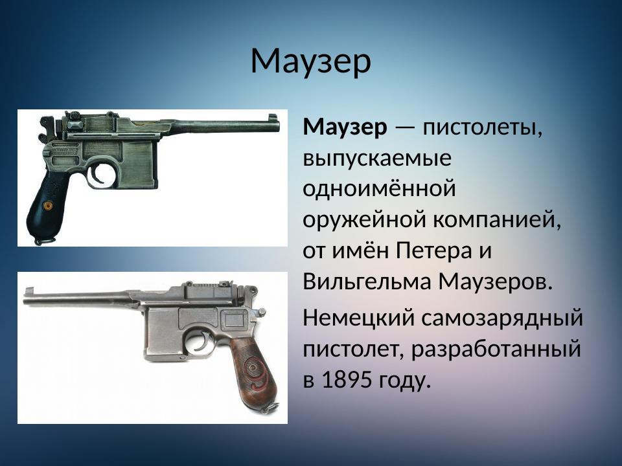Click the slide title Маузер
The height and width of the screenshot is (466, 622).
[310, 61]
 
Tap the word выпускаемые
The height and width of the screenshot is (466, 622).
[378, 159]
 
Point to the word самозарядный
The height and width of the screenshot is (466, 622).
[506, 318]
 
